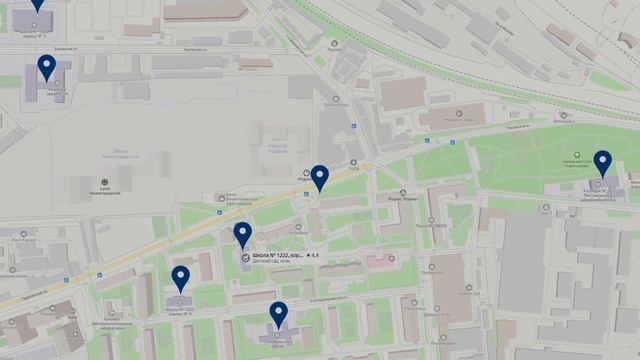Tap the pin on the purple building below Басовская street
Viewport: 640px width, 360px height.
coord(46,67)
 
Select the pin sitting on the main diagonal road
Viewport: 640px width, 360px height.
coord(319,177)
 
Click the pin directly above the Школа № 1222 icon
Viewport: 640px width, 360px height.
coord(243,234)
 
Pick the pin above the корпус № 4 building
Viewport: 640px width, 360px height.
coord(180,278)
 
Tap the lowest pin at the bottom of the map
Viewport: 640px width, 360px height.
coord(278,314)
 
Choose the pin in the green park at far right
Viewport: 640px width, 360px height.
coord(602,161)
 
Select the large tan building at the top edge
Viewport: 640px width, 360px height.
coord(206,9)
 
